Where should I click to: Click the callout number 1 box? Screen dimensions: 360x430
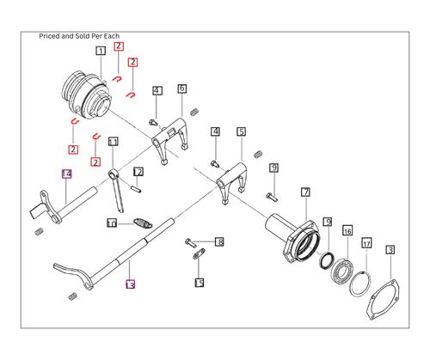pyautogui.click(x=101, y=52)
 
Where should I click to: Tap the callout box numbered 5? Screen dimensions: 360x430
pyautogui.click(x=242, y=132)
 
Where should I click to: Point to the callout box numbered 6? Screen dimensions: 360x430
pyautogui.click(x=182, y=88)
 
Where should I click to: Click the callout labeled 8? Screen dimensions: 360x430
pyautogui.click(x=219, y=242)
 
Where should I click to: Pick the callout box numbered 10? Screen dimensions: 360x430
pyautogui.click(x=112, y=223)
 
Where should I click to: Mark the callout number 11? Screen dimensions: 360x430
pyautogui.click(x=113, y=142)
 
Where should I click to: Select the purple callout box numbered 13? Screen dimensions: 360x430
pyautogui.click(x=130, y=284)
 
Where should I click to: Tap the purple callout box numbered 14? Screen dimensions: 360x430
pyautogui.click(x=67, y=174)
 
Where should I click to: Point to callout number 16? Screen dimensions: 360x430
pyautogui.click(x=347, y=231)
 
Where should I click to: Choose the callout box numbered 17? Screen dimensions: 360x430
pyautogui.click(x=366, y=244)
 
